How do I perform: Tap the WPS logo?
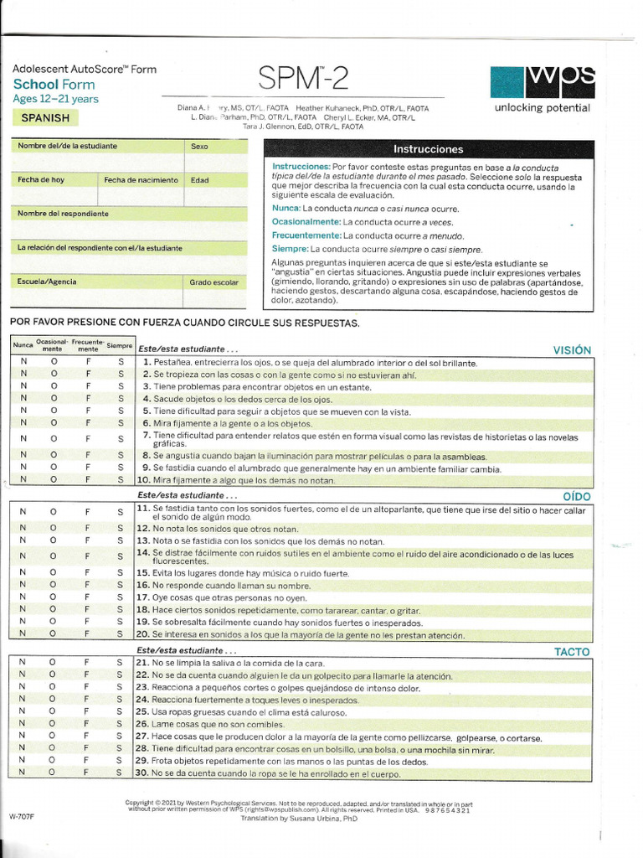[542, 80]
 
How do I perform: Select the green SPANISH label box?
[45, 118]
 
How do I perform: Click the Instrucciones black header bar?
[428, 149]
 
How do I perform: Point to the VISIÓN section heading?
[572, 350]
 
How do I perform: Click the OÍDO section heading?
[577, 496]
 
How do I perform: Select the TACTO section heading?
[572, 651]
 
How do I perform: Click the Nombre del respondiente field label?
[63, 214]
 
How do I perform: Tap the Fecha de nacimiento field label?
[141, 180]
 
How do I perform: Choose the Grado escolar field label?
[213, 282]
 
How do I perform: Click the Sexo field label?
[199, 147]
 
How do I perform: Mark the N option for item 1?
[23, 362]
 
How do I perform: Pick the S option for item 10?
[120, 480]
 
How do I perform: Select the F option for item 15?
[87, 572]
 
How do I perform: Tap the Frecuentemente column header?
[87, 344]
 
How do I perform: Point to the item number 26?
[141, 723]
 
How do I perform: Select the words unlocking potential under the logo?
[542, 107]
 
